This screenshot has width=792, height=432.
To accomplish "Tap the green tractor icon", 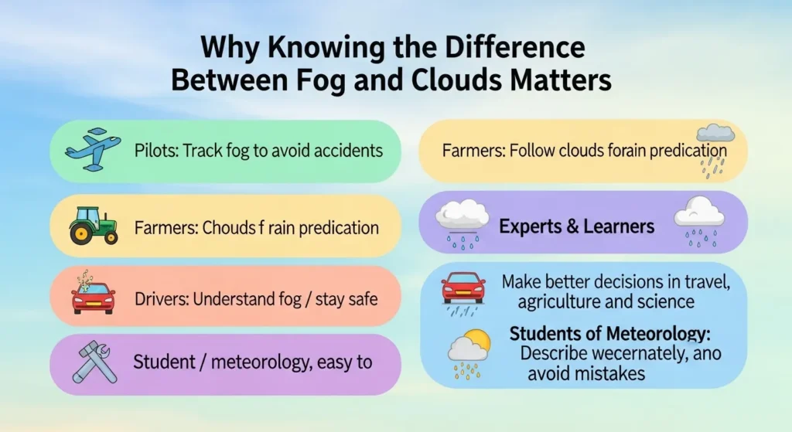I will tap(93, 226).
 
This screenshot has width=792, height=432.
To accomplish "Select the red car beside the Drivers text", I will tap(93, 298).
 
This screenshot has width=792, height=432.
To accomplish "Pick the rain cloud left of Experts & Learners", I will tap(463, 218).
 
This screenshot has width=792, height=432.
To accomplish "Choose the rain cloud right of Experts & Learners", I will tap(698, 217).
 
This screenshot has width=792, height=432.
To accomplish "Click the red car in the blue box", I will tap(463, 288).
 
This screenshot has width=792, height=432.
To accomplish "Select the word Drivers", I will tap(158, 298).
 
